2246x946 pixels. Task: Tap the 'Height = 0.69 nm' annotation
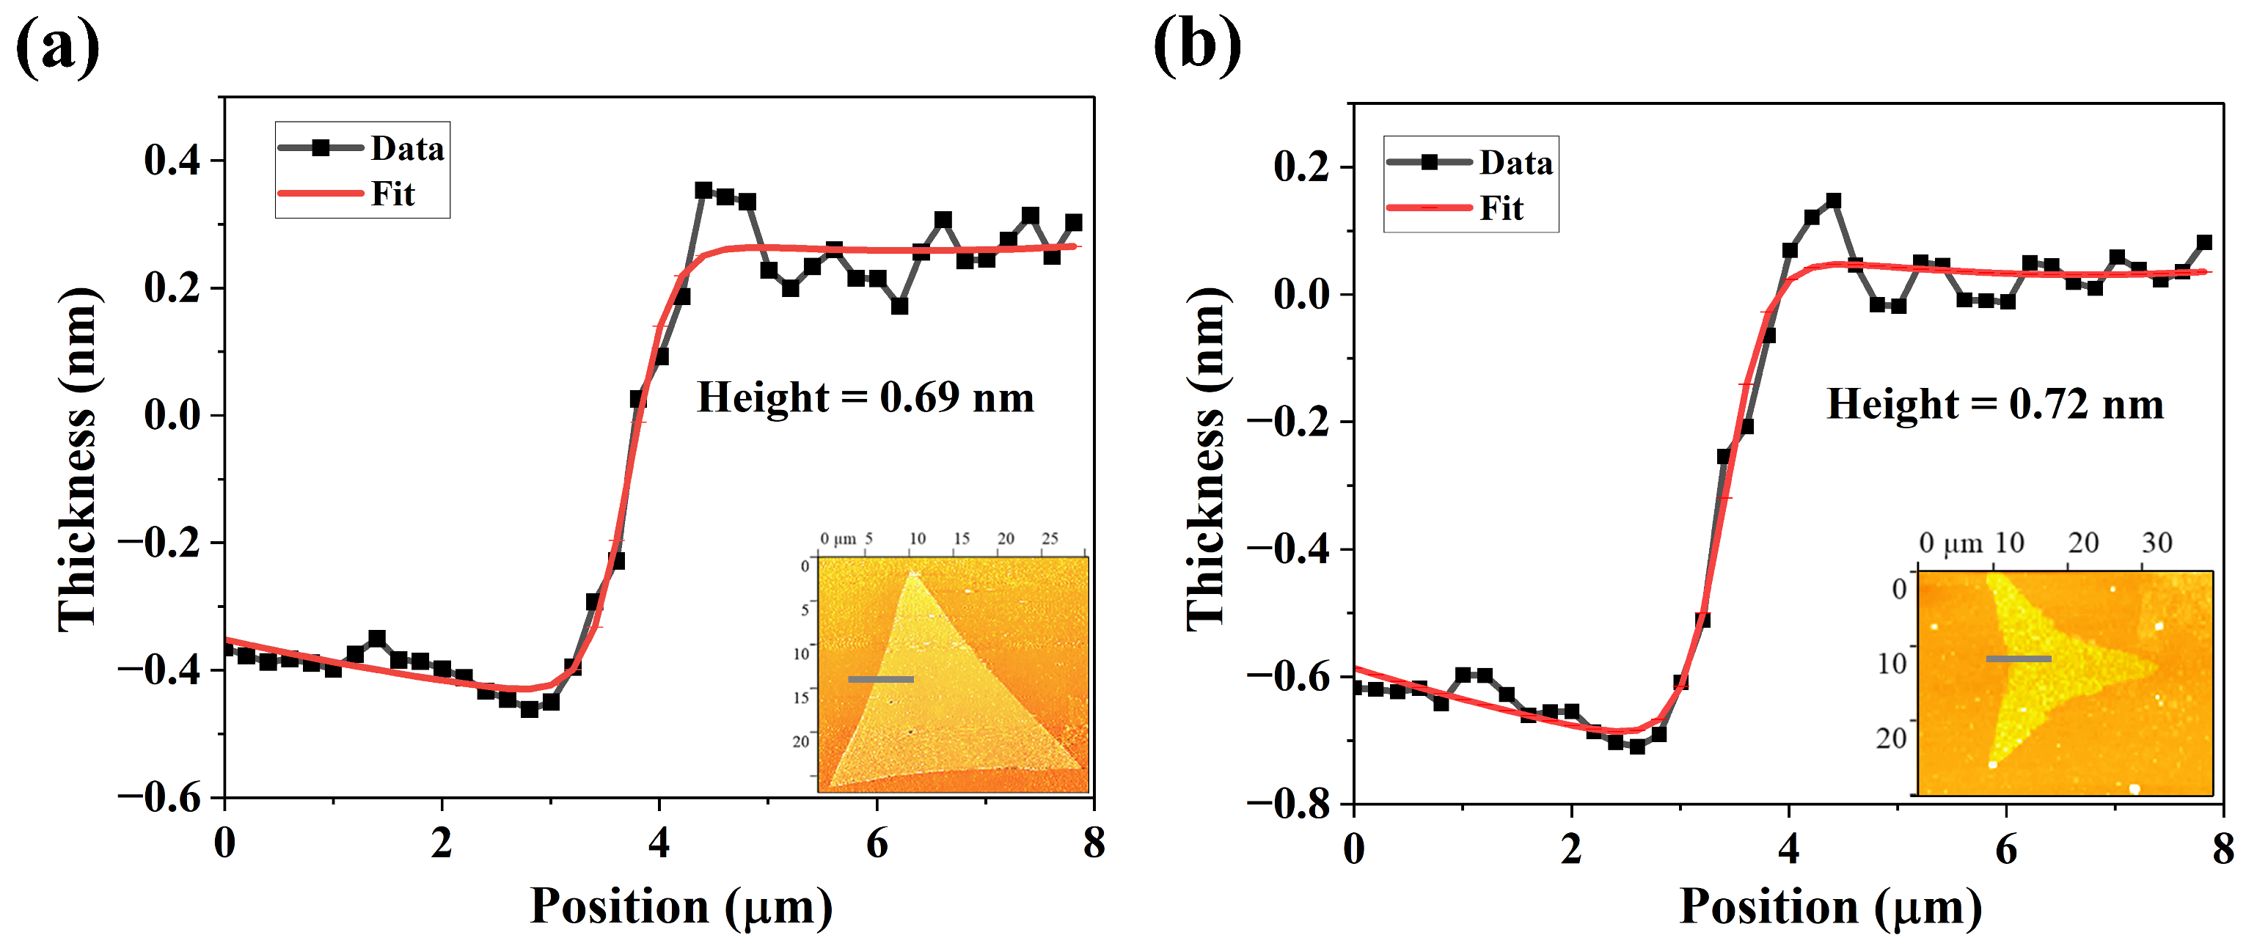point(865,397)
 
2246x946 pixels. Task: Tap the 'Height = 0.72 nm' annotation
point(1995,405)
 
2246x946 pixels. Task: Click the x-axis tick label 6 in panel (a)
point(877,843)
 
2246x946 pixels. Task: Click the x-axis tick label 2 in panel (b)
point(1571,848)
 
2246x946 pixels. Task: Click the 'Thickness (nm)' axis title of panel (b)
point(1207,457)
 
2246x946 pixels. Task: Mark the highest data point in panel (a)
point(703,190)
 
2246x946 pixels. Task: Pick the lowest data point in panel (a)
point(530,710)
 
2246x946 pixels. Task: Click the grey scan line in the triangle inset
point(881,679)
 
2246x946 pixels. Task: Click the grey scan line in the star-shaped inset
point(2019,659)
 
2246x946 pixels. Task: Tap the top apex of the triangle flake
point(912,572)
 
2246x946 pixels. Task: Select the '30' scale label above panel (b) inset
point(2157,543)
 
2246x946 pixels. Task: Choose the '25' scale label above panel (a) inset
point(1050,539)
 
